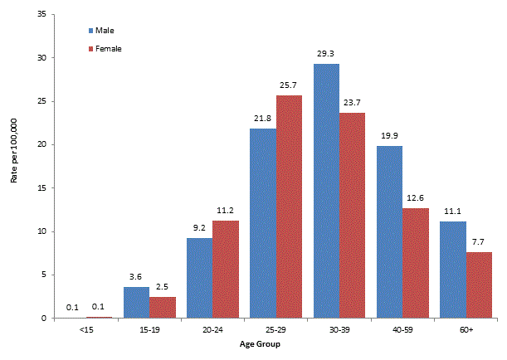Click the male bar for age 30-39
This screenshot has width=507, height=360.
pyautogui.click(x=326, y=191)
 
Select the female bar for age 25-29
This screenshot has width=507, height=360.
pyautogui.click(x=289, y=207)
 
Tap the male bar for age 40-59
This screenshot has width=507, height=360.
pyautogui.click(x=389, y=231)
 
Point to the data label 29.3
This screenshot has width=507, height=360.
pyautogui.click(x=326, y=53)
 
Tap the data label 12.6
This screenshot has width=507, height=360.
pyautogui.click(x=415, y=197)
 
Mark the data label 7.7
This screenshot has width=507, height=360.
pyautogui.click(x=478, y=241)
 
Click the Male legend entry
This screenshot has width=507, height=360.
pyautogui.click(x=104, y=31)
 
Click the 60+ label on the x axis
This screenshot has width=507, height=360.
pyautogui.click(x=466, y=328)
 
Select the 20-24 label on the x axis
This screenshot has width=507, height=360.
pyautogui.click(x=212, y=328)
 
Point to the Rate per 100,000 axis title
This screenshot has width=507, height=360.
pyautogui.click(x=14, y=166)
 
